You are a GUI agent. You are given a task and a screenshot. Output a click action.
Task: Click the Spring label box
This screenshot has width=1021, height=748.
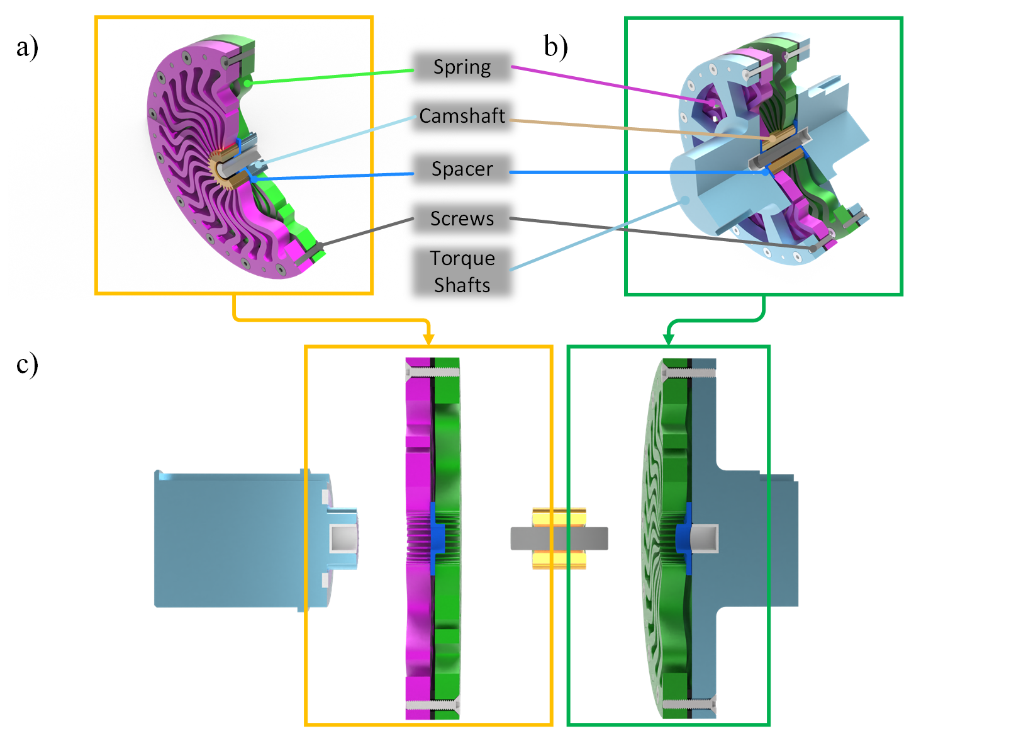(462, 67)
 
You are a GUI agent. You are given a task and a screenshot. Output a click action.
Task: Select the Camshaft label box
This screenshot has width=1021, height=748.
(462, 116)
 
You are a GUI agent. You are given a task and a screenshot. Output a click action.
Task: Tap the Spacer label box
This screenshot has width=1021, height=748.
(462, 169)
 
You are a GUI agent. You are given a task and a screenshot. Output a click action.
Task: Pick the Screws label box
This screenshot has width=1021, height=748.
(462, 218)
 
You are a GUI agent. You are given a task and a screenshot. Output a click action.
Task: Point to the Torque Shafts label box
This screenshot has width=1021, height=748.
(462, 271)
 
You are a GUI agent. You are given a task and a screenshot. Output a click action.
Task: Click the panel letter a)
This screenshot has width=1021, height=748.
(27, 47)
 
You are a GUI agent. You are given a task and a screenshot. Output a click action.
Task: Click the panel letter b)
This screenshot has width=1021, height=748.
(555, 47)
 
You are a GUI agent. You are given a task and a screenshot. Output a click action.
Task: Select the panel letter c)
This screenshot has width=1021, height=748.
(27, 365)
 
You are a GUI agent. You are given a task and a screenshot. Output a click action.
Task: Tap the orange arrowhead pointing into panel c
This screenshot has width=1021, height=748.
(428, 339)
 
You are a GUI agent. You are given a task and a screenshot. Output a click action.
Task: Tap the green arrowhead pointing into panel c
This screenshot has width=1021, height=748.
(669, 339)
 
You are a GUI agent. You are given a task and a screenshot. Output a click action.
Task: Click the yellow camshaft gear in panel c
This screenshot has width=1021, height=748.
(559, 518)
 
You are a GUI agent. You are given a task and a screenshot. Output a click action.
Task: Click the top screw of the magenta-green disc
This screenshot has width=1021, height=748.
(433, 372)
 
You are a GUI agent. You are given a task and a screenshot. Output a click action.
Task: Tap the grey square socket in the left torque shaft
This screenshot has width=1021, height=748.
(343, 538)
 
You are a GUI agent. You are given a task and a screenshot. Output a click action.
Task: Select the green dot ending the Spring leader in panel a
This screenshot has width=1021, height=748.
(248, 83)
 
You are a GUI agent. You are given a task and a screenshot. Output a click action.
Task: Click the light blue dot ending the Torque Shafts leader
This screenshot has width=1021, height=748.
(686, 200)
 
